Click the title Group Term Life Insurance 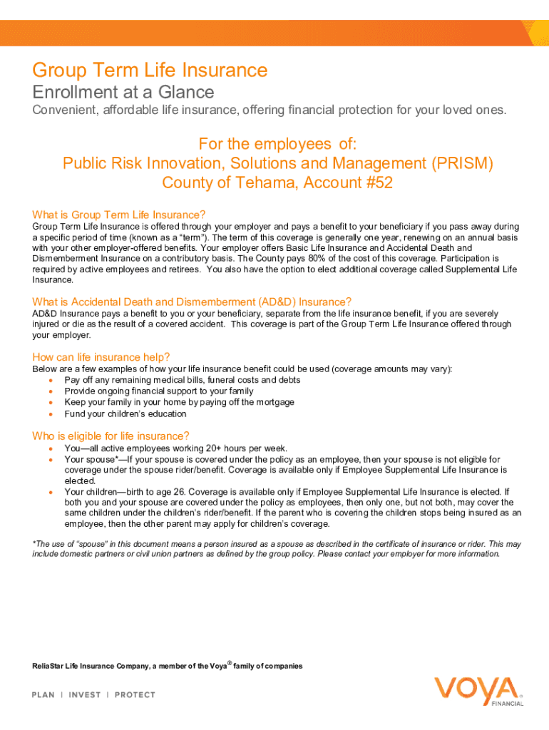click(x=150, y=71)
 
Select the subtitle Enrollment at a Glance click(x=123, y=92)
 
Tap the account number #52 click(x=378, y=182)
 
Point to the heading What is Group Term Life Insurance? click(x=119, y=215)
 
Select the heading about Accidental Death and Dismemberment click(x=192, y=302)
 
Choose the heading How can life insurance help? click(x=101, y=356)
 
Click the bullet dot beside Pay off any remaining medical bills click(x=51, y=380)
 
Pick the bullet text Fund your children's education click(x=125, y=413)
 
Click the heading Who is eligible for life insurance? click(x=111, y=436)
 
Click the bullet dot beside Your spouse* click(x=51, y=460)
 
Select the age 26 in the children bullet click(x=179, y=492)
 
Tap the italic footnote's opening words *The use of click(x=53, y=544)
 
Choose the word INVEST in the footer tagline click(x=84, y=695)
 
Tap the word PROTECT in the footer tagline click(x=135, y=695)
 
